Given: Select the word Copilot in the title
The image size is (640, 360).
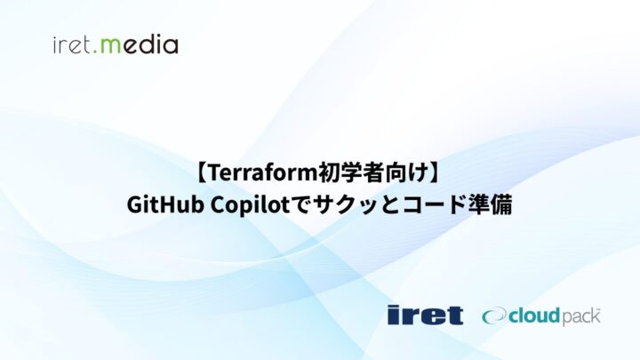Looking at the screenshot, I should coord(245,204).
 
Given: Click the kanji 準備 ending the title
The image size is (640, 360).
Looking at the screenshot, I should coord(490,204).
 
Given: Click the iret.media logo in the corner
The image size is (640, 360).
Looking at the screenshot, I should coord(116,44).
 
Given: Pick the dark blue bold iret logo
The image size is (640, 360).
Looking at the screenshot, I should coord(425,315).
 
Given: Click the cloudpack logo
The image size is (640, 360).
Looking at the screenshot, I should coord(541,316).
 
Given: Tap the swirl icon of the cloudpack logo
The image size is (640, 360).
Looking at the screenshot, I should coord(493,316).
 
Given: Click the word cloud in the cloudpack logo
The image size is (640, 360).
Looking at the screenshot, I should coord(532,315).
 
